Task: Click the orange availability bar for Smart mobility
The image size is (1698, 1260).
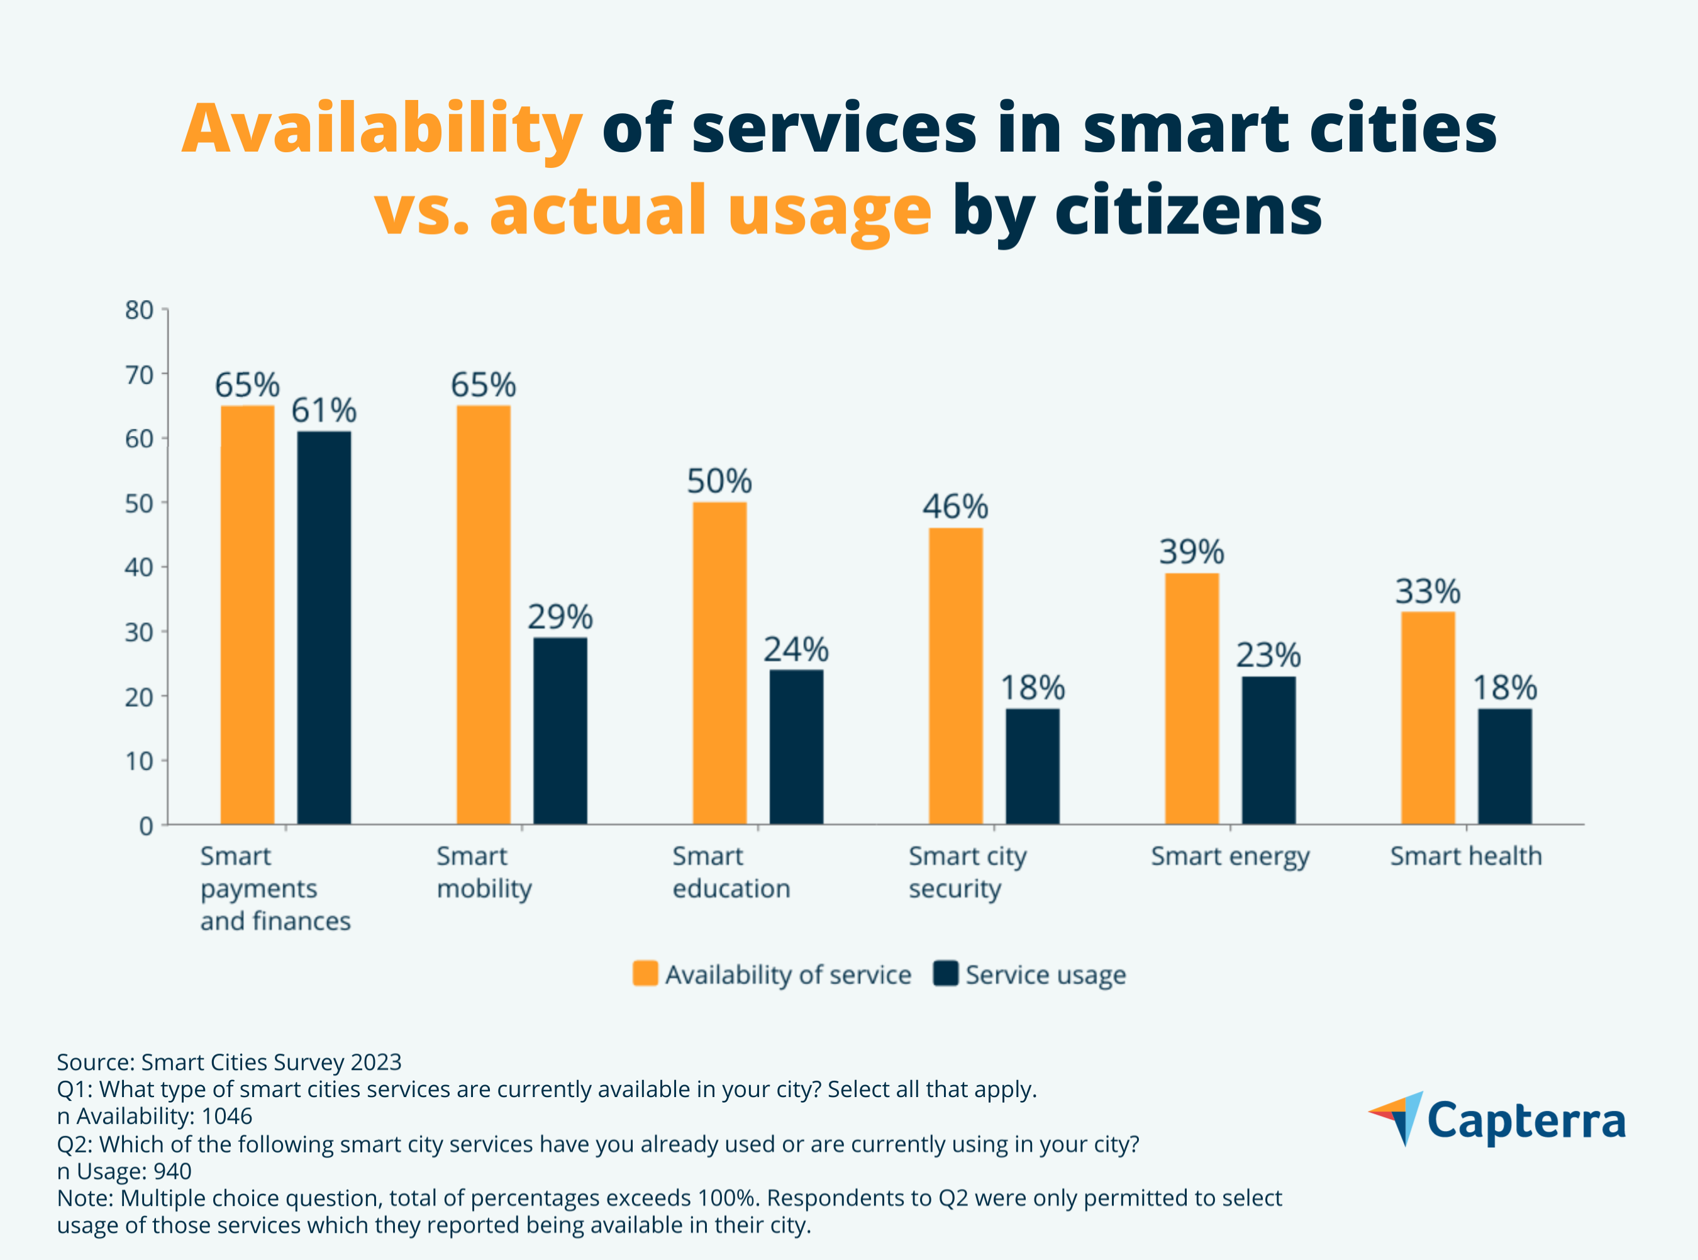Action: [484, 614]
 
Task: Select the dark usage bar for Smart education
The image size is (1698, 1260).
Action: [796, 747]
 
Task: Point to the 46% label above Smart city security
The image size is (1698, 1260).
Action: [955, 507]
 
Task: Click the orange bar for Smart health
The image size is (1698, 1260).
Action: [1428, 718]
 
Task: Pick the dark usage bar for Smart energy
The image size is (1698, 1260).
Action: [1268, 750]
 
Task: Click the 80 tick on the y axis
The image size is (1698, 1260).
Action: [140, 310]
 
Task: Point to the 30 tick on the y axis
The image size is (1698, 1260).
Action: [140, 632]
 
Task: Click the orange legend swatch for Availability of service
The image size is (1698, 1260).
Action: [645, 974]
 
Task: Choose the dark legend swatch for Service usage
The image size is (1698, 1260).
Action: [945, 974]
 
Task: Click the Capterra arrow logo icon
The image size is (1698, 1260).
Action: [1397, 1118]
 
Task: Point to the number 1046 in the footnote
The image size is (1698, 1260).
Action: [226, 1117]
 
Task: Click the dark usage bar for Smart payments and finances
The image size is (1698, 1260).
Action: [324, 628]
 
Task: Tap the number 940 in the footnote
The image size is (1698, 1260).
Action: [172, 1171]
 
